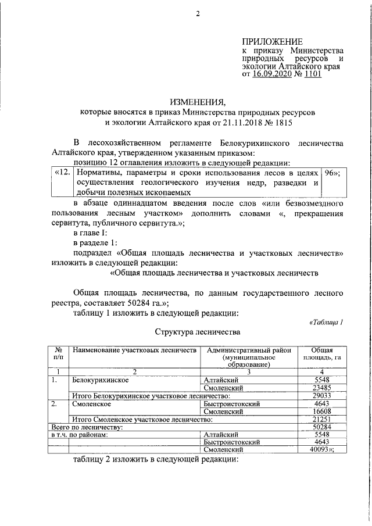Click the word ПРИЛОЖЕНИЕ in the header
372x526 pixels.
[x=272, y=42]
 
